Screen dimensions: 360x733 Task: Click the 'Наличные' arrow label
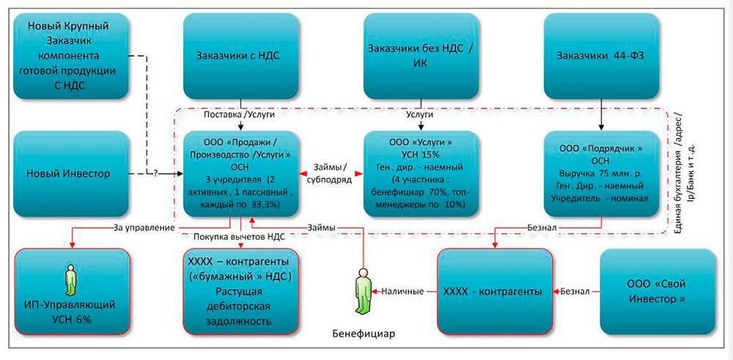(x=402, y=292)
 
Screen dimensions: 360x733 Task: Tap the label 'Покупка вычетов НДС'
(x=239, y=236)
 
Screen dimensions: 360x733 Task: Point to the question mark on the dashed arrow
(x=156, y=175)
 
